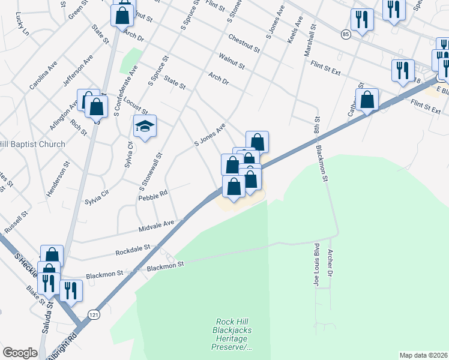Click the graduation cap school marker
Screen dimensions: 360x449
(x=145, y=127)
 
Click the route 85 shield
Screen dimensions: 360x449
(x=345, y=35)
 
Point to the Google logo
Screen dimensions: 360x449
(x=20, y=352)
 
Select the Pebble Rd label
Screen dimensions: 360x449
(x=152, y=195)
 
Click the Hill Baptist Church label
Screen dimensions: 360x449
(x=32, y=145)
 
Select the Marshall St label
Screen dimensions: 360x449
(x=311, y=41)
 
